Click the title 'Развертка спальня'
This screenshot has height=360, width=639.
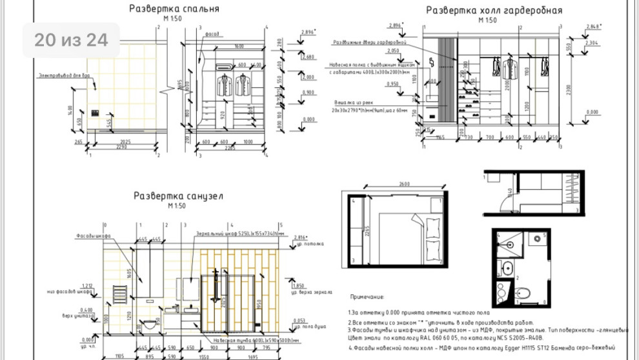point(174,9)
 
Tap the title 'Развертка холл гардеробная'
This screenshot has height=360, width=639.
point(494,10)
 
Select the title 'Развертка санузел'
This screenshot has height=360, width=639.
point(178,195)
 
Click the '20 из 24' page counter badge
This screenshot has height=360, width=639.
point(71,40)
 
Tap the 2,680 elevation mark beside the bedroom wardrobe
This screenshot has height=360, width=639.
point(308,57)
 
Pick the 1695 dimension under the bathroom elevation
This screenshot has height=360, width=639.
point(254,355)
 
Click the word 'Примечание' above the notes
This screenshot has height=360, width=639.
point(366,297)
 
